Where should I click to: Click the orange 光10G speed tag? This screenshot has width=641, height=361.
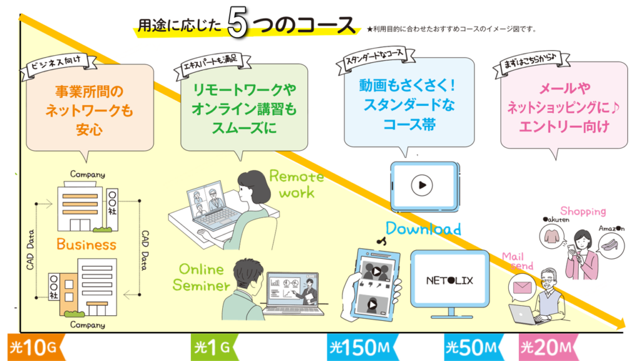36,347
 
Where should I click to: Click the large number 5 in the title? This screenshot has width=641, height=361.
237,22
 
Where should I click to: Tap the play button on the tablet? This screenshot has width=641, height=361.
422,185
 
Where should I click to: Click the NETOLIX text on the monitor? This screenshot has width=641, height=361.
449,280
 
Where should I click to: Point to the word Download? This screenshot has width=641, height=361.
423,228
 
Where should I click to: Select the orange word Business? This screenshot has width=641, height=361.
86,244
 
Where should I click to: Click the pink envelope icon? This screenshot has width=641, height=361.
522,287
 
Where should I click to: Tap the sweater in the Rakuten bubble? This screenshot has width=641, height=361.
551,236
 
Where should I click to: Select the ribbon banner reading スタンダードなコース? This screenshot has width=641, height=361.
376,60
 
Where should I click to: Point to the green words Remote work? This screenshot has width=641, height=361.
296,184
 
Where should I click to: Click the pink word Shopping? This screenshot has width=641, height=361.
583,211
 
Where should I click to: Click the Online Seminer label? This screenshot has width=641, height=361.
201,277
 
